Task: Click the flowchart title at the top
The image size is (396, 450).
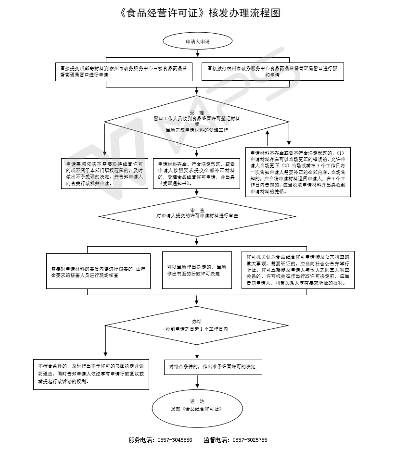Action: tap(198, 13)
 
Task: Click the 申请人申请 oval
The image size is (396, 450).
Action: tap(197, 42)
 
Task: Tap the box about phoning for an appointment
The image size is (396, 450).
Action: tap(273, 72)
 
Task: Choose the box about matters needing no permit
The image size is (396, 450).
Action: tap(104, 174)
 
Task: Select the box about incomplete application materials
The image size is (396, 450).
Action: tap(297, 172)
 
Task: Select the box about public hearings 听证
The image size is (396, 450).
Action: tap(298, 270)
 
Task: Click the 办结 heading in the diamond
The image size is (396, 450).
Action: tap(196, 321)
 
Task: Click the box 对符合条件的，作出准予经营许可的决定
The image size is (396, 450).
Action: tap(212, 367)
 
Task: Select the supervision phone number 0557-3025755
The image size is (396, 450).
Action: tap(250, 440)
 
